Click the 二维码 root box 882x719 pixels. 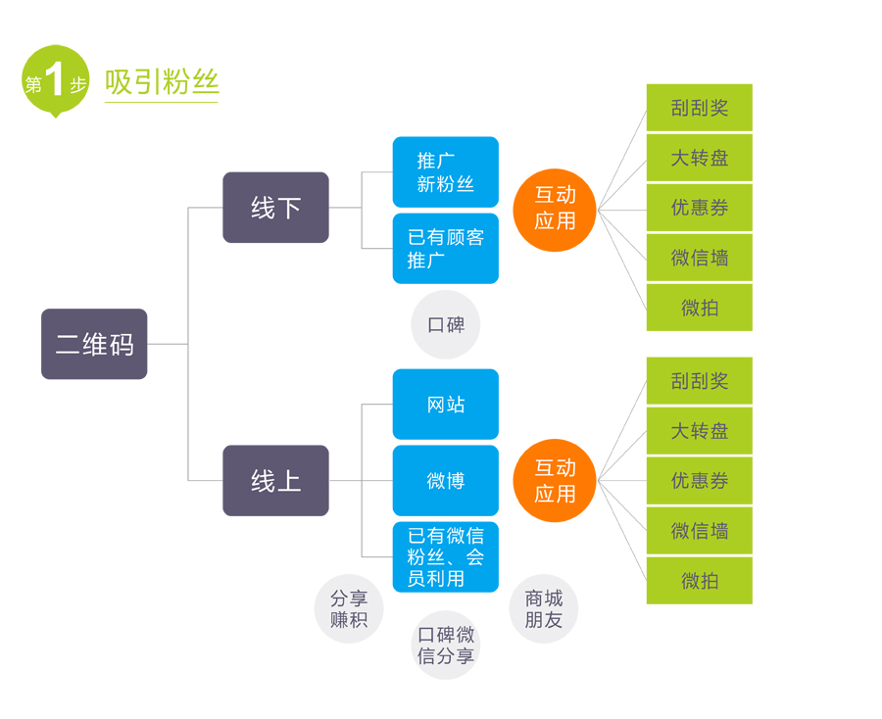point(94,344)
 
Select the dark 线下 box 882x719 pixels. point(275,208)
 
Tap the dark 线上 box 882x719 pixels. point(275,481)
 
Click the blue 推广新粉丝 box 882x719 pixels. point(445,172)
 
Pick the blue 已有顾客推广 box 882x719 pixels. point(445,249)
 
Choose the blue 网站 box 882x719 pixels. point(445,405)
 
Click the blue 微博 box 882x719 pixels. point(445,481)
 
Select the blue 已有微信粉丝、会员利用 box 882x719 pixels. point(445,557)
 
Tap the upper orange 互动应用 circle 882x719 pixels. point(555,209)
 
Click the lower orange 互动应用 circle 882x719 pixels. point(555,481)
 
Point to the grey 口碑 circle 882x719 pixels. point(446,324)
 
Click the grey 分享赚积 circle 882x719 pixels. point(348,608)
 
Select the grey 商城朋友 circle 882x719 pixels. point(544,608)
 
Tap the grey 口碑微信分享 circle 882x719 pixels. point(446,646)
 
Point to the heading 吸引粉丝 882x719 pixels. point(162,82)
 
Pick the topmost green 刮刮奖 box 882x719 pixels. point(699,108)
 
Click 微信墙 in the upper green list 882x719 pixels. point(699,258)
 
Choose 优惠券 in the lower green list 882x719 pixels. point(699,481)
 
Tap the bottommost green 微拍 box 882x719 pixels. point(699,581)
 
